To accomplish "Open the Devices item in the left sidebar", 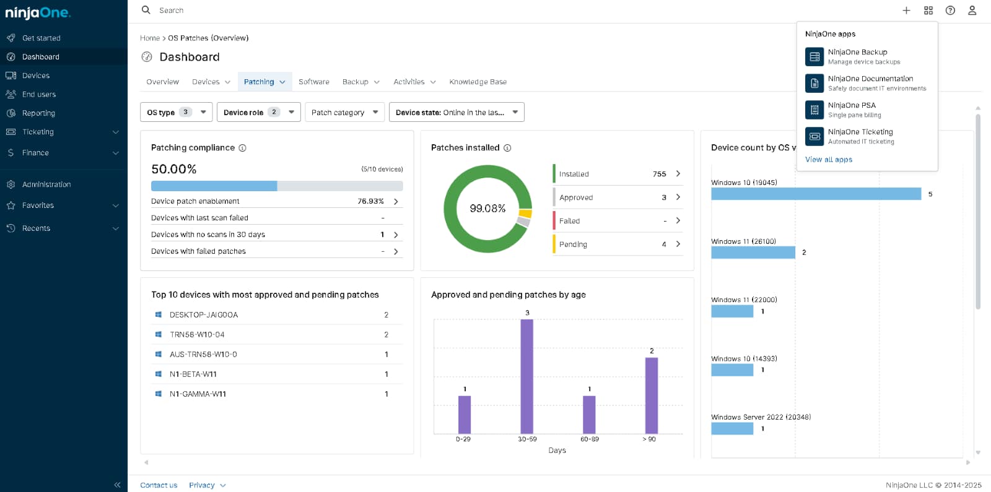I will tap(35, 76).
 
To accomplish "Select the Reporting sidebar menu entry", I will tap(38, 113).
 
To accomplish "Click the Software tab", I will tap(313, 82).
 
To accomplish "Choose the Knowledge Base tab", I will tap(478, 82).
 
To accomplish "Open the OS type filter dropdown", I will tap(176, 112).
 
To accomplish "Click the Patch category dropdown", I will tap(344, 112).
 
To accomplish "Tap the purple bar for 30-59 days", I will tap(526, 376).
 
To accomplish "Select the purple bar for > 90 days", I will tap(651, 395).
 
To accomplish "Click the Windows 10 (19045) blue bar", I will tap(816, 194).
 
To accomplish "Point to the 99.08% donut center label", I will tap(487, 209).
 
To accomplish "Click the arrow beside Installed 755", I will tap(678, 174).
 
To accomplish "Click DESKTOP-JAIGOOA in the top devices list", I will tap(203, 315).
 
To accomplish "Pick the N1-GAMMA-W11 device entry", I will tap(198, 394).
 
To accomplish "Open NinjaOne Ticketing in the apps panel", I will tap(860, 132).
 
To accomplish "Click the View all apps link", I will tap(828, 160).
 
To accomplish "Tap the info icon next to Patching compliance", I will tap(243, 148).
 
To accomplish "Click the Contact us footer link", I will tap(159, 485).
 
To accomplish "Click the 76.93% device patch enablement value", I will tap(370, 201).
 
